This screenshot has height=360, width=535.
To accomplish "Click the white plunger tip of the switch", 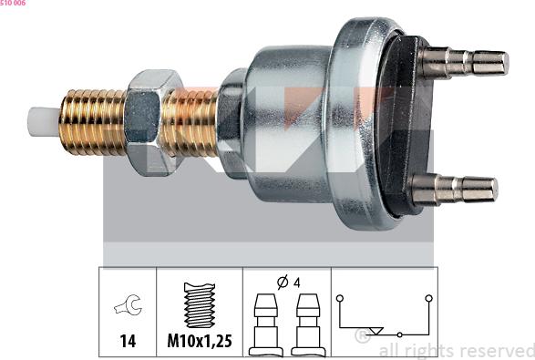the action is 45,121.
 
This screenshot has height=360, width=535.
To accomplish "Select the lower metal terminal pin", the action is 455,189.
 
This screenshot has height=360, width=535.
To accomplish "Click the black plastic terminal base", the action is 405,127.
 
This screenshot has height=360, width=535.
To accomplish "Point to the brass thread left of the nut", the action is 92,121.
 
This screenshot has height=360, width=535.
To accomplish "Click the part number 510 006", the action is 13,3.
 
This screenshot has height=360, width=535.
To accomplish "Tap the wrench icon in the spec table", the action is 128,304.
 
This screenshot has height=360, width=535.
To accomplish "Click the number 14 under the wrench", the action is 128,341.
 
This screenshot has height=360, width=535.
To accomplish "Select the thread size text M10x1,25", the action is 200,341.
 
